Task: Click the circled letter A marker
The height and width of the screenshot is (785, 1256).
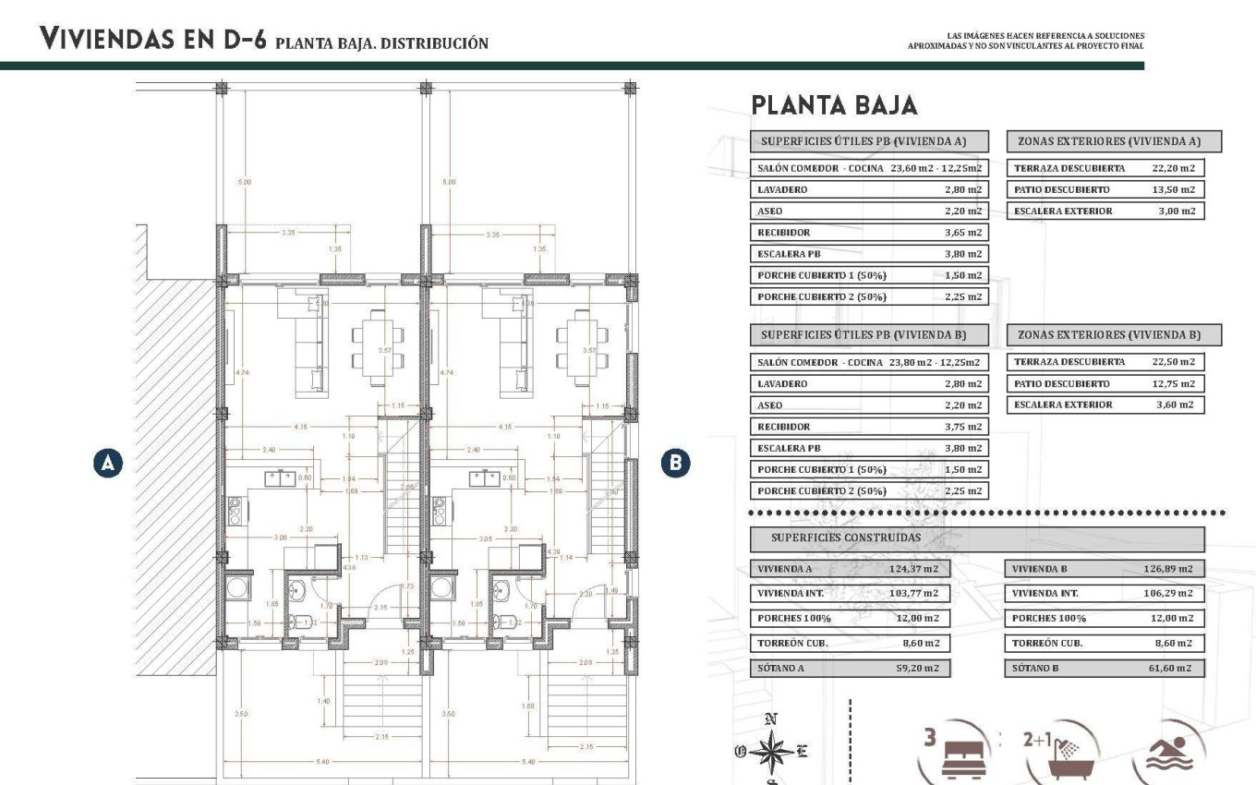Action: pos(108,463)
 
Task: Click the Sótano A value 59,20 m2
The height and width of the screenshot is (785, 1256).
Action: pos(917,668)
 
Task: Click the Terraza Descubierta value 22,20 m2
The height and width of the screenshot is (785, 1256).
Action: pos(1173,168)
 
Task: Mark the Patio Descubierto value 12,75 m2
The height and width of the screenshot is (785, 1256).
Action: pos(1173,383)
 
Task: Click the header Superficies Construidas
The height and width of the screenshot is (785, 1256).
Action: pos(846,537)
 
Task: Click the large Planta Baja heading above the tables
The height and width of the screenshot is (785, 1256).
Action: pos(834,105)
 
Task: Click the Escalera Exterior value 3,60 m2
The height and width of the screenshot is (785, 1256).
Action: pos(1174,405)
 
